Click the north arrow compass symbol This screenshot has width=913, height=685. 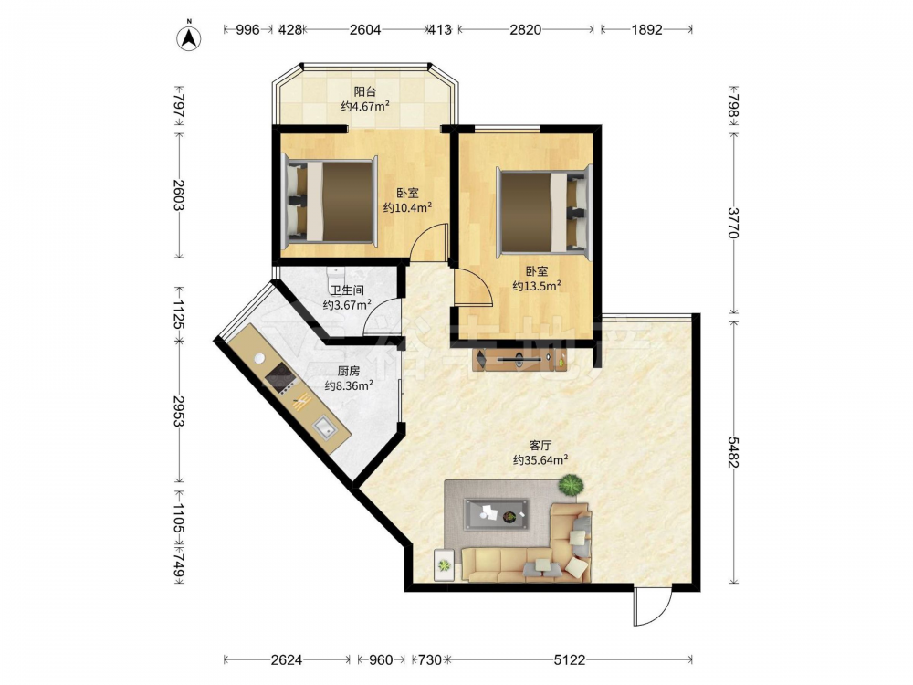[189, 37]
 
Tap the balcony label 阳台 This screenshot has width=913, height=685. [365, 91]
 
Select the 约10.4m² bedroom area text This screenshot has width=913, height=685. [407, 207]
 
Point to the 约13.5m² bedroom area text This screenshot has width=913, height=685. [537, 285]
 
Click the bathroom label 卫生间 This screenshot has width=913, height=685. [348, 290]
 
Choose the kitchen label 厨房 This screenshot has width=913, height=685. [349, 371]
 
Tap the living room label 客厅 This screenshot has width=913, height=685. [540, 446]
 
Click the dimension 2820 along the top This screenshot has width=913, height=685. [525, 29]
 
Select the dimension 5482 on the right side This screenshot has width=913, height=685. [733, 452]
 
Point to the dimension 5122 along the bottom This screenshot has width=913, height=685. [569, 660]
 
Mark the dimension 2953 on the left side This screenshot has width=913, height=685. [179, 411]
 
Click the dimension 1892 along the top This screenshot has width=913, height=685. [647, 29]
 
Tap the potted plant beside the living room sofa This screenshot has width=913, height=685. [571, 485]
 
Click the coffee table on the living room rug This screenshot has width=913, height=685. [497, 514]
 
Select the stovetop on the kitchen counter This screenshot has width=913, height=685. [278, 377]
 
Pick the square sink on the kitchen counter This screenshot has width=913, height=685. [324, 428]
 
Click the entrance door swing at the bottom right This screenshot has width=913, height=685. [653, 607]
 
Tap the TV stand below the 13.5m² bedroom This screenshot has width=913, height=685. [519, 361]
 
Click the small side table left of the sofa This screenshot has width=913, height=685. [445, 564]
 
